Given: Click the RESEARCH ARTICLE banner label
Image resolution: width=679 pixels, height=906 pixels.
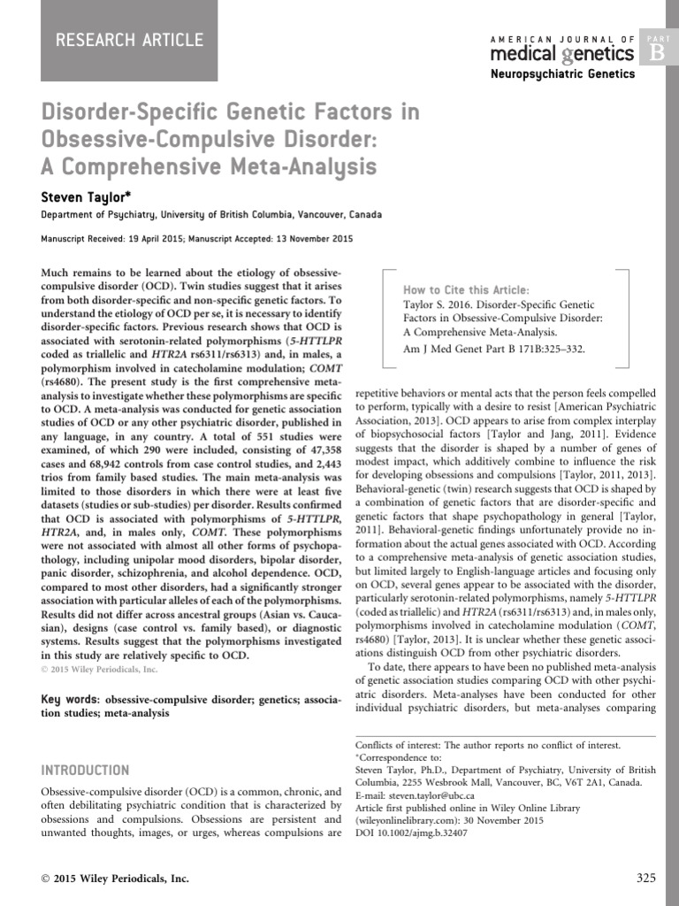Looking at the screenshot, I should [x=130, y=40].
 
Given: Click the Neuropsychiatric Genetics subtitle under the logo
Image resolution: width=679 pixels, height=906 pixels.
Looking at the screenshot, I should [x=562, y=74].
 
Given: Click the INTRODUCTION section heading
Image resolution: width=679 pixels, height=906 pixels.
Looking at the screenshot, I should [x=85, y=771].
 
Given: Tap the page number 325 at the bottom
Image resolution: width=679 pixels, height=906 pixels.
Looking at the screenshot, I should [x=646, y=879].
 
